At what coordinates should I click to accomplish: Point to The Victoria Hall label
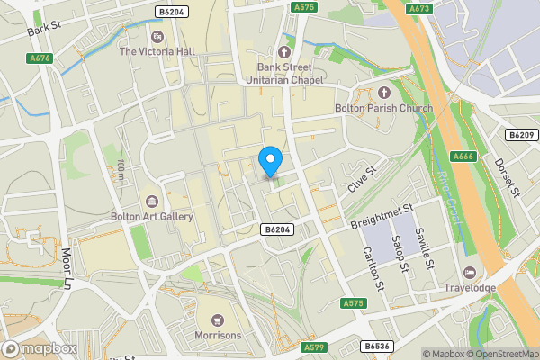tap(157, 51)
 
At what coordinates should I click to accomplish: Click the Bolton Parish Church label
tap(384, 108)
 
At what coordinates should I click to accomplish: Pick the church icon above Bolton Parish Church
tap(384, 92)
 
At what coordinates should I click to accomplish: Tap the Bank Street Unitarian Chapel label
tap(285, 75)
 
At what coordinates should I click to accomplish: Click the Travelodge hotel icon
tap(469, 272)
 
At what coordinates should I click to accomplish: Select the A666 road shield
tap(463, 157)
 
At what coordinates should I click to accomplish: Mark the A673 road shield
tap(418, 8)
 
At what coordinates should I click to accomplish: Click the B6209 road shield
tap(520, 135)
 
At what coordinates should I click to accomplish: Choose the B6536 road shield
tap(378, 346)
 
